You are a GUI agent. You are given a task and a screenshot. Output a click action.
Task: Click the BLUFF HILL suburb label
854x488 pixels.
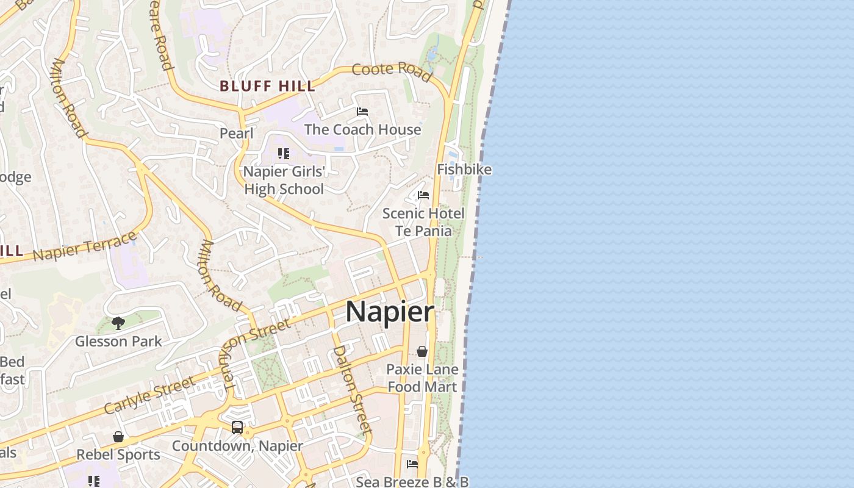point(267,86)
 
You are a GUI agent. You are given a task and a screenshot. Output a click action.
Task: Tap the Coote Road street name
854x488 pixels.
point(392,71)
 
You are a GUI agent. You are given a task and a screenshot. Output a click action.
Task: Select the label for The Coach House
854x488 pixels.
point(362,129)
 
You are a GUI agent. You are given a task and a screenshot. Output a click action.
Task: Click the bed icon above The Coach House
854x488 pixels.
point(362,112)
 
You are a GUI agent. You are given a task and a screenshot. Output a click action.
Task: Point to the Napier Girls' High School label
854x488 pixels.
point(284,180)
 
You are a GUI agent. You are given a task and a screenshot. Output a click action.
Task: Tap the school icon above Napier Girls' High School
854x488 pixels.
point(283,153)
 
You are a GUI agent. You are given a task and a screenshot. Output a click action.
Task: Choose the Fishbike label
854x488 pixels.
point(464,169)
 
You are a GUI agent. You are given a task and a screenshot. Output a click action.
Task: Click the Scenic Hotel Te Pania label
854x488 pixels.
point(423,222)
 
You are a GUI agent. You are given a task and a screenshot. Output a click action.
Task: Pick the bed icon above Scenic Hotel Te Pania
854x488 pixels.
point(423,195)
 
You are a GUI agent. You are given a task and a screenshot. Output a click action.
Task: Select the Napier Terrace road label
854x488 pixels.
point(85,245)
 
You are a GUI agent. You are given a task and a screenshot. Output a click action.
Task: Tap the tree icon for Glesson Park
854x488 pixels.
point(118,323)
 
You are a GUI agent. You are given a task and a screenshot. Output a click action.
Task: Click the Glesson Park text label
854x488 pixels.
point(118,341)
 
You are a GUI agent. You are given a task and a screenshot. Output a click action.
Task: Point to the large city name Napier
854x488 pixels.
point(390,312)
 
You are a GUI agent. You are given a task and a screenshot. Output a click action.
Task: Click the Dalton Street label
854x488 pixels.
point(351,389)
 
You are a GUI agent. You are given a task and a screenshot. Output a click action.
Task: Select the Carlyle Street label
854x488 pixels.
point(149,395)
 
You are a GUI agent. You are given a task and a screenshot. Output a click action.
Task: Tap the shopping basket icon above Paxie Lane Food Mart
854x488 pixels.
point(422,351)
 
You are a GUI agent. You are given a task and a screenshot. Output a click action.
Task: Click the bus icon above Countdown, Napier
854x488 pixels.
point(237,428)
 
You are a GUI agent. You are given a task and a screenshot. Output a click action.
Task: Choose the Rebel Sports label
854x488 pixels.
point(118,454)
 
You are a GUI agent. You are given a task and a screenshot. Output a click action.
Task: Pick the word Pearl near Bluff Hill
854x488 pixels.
point(236,133)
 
